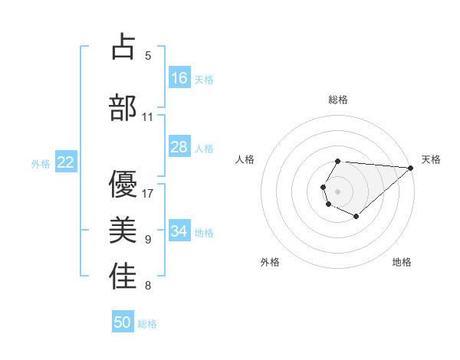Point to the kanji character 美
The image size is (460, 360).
123,230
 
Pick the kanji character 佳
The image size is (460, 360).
123,277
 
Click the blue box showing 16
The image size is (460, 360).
179,78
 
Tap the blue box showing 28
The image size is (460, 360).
179,147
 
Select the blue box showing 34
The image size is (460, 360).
179,231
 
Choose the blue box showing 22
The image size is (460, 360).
66,162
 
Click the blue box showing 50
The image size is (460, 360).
123,322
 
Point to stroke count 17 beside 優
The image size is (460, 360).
148,193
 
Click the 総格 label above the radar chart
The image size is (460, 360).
338,100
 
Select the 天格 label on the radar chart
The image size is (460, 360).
431,159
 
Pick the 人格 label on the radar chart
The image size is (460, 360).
245,159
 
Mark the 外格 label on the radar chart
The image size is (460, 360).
270,262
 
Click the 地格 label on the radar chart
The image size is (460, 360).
402,262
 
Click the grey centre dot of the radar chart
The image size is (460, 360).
337,190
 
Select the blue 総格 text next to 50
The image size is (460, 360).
147,324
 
